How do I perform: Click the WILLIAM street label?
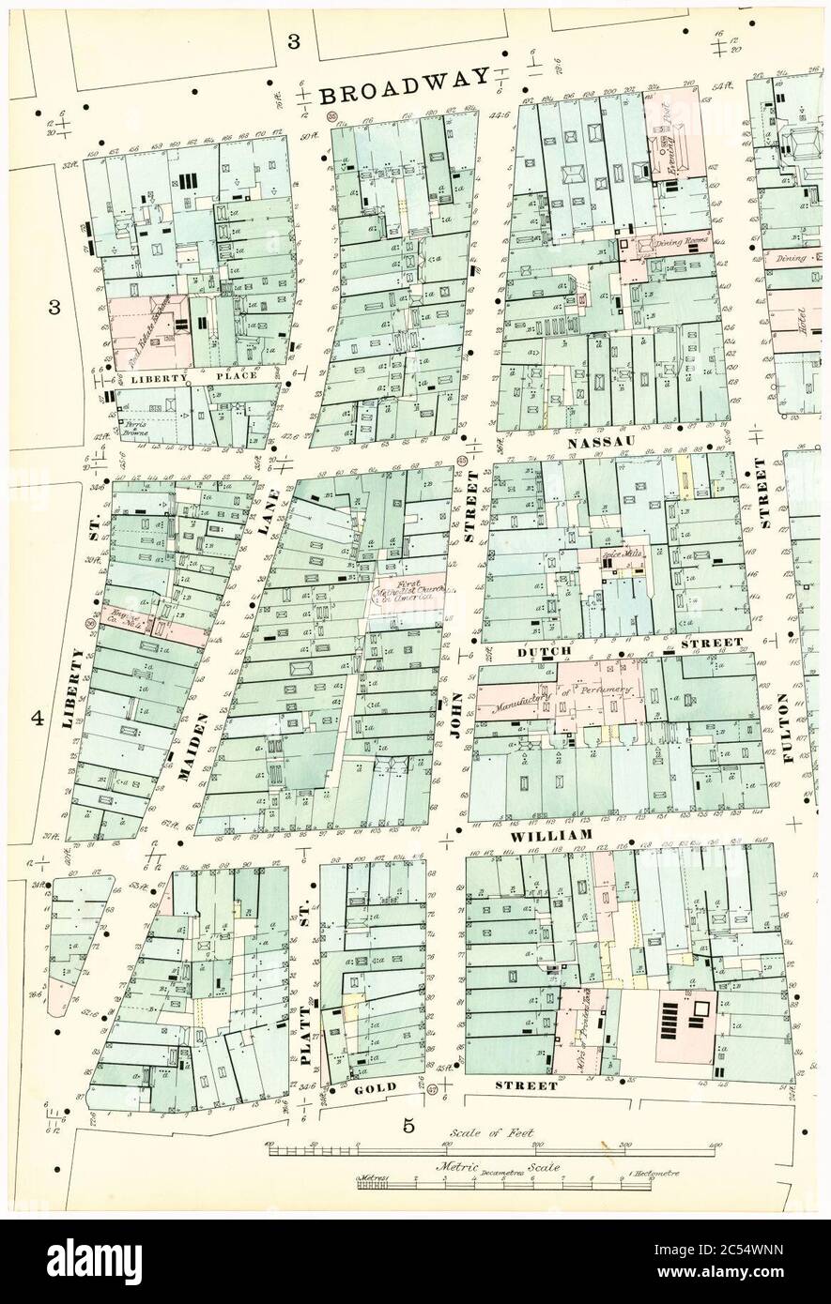pos(552,835)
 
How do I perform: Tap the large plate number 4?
pos(37,719)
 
